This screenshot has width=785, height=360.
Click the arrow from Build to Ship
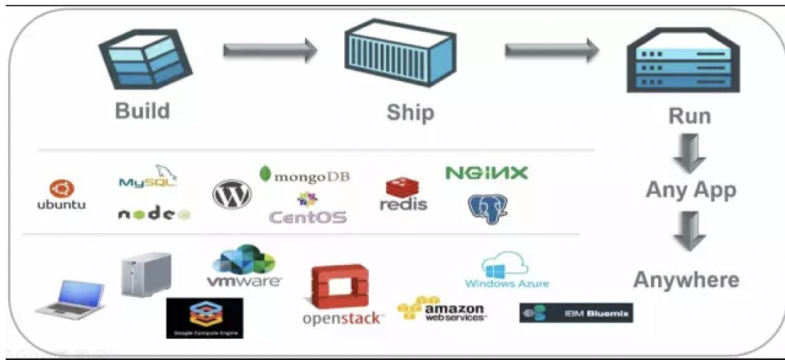pos(270,51)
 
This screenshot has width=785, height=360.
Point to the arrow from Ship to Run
pos(552,51)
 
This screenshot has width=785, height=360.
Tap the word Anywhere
pos(686,280)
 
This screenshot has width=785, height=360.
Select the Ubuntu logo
pos(61,195)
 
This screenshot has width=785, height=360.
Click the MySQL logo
pos(149,178)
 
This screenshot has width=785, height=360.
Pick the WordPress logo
pos(231,194)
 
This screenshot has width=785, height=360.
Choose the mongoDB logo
pos(304,175)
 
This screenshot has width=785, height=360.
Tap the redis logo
pos(403,195)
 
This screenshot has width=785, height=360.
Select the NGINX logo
pos(487,173)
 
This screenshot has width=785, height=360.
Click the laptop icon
pos(71,298)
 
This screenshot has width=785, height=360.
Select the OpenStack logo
pos(342,295)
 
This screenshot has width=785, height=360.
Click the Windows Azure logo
pos(507,271)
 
